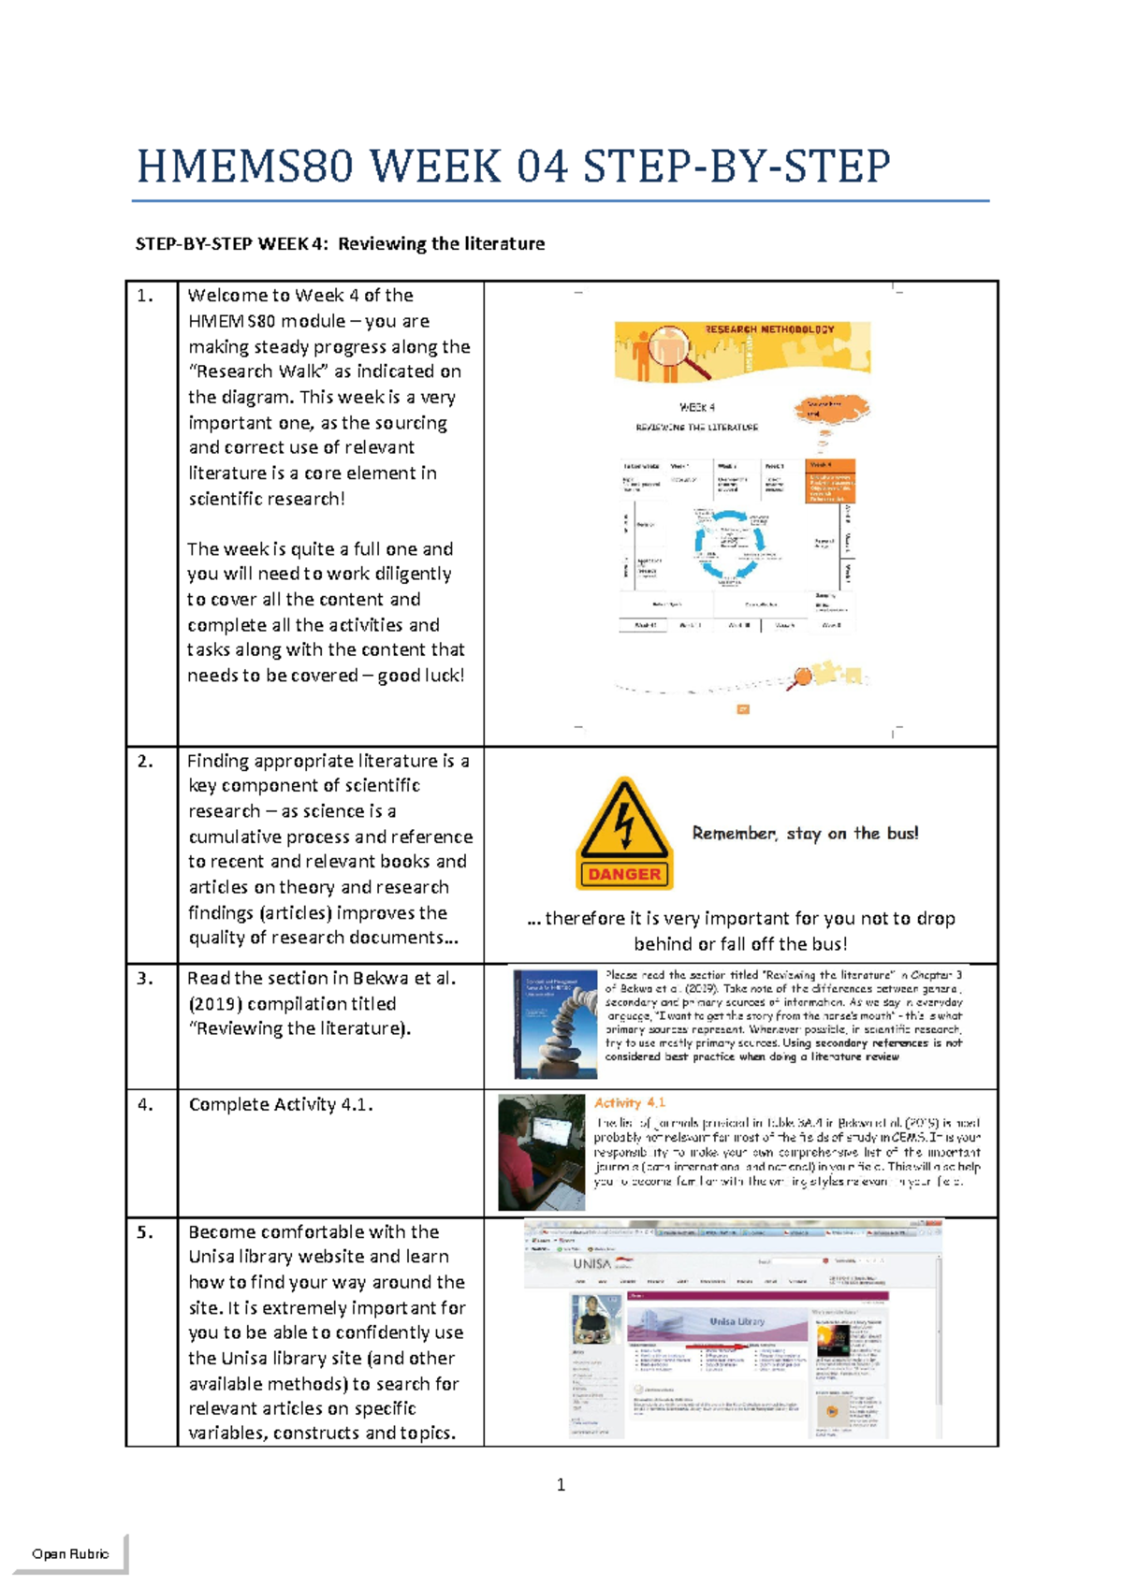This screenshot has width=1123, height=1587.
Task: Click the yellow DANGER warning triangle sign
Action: pyautogui.click(x=624, y=832)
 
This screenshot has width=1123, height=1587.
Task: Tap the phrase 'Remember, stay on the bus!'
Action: pyautogui.click(x=805, y=833)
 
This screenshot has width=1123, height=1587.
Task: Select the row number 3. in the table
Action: pyautogui.click(x=145, y=979)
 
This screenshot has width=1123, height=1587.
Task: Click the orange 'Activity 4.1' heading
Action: pyautogui.click(x=630, y=1103)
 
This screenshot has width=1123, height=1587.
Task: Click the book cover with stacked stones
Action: pyautogui.click(x=555, y=1025)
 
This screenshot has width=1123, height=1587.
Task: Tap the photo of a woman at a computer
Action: pyautogui.click(x=541, y=1153)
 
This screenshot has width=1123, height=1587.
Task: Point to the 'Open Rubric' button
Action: pyautogui.click(x=70, y=1553)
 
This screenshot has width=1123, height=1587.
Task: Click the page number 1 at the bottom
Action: pyautogui.click(x=561, y=1485)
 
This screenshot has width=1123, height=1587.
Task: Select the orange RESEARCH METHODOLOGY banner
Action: pyautogui.click(x=742, y=352)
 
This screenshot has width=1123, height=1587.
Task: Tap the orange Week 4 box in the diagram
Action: pyautogui.click(x=830, y=481)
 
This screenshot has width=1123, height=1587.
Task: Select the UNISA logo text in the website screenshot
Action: pyautogui.click(x=592, y=1263)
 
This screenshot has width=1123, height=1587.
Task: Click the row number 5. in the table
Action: pyautogui.click(x=145, y=1232)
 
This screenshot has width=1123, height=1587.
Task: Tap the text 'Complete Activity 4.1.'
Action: pyautogui.click(x=281, y=1104)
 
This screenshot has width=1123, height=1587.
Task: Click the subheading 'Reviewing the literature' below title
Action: pyautogui.click(x=441, y=243)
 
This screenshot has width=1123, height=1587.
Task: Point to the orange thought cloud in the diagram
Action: pyautogui.click(x=831, y=409)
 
